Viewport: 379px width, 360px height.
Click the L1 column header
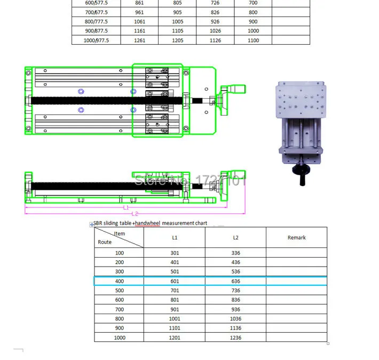point(175,237)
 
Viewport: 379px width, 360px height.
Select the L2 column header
point(235,237)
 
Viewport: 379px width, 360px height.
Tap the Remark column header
point(297,237)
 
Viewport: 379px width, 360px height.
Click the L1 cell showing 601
point(175,281)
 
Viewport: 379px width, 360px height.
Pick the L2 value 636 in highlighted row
point(235,281)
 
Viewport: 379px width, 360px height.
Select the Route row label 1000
point(120,338)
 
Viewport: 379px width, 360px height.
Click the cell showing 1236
point(235,338)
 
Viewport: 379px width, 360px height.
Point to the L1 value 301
point(175,253)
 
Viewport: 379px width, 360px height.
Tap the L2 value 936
point(235,309)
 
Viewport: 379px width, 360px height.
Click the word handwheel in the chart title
point(147,223)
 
